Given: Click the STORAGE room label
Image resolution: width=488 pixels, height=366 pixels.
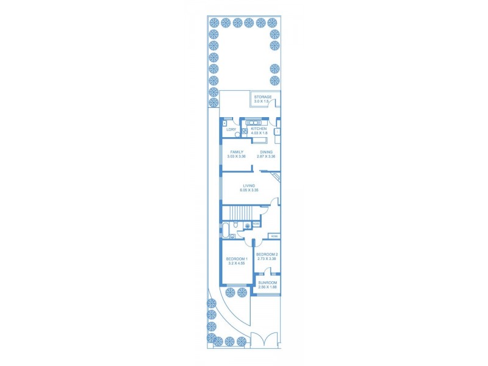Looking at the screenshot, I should pos(263,96).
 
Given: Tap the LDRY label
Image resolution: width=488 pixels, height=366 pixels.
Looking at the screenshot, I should pos(231,129).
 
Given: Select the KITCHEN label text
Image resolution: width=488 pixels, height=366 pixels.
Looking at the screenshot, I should pos(259,129).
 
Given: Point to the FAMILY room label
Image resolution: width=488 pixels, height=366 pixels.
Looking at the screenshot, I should pos(237,152).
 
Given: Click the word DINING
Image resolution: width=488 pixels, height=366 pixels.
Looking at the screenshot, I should pos(266,152).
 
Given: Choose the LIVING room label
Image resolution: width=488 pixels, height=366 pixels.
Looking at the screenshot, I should pos(248,185).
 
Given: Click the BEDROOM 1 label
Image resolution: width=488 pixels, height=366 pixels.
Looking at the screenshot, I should pos(237,259).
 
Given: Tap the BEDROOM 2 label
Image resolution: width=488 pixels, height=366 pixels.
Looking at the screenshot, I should pos(267,254).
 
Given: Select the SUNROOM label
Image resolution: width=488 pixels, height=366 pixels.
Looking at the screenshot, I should pos(267,282).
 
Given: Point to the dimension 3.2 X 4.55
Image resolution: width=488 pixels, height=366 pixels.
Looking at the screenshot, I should pos(237,264).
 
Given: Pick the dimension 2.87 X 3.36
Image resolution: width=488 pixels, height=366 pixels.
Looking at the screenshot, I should pos(266,157).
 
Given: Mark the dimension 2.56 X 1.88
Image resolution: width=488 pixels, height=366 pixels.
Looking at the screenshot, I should pos(267,287).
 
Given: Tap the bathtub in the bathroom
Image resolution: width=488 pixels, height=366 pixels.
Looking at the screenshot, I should pos(226,231).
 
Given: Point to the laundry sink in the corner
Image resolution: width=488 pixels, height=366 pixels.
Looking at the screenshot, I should pos(225,121).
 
